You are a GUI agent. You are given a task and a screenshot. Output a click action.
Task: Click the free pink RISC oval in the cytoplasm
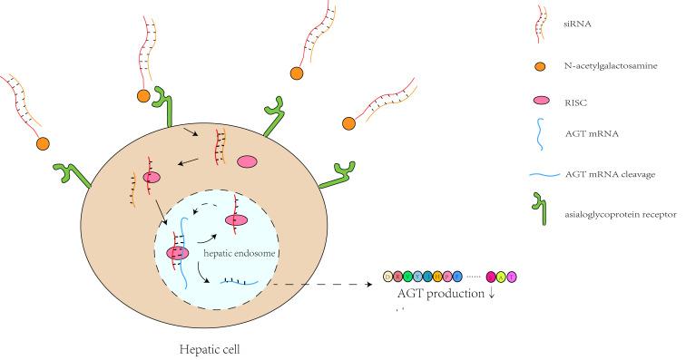point(247,161)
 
